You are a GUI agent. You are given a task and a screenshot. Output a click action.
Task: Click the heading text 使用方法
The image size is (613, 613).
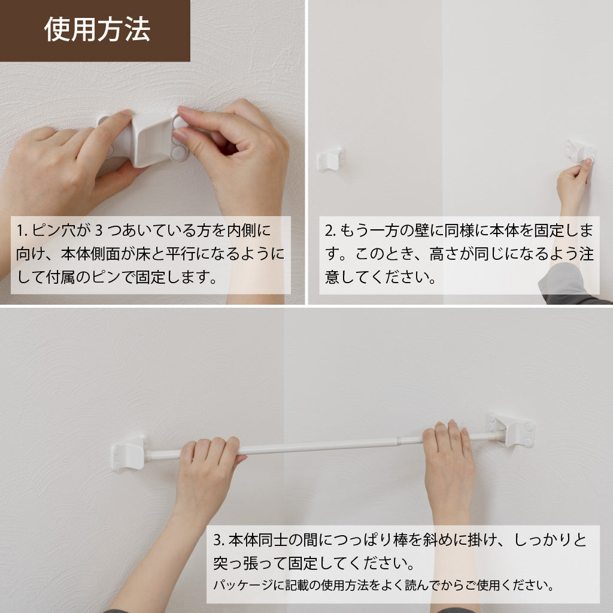97,29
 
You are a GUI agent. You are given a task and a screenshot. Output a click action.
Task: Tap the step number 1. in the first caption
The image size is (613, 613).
22,230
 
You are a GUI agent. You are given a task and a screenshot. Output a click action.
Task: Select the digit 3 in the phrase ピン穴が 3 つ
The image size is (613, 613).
99,230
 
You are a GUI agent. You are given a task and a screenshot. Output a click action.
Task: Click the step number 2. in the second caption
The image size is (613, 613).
330,230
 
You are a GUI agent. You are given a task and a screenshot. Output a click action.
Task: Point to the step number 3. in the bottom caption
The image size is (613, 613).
219,540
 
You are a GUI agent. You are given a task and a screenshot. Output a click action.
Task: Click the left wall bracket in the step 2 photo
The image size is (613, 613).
330,159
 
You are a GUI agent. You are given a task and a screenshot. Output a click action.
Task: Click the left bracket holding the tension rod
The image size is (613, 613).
129,452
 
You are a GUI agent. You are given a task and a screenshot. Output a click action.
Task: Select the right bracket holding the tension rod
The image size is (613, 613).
511,430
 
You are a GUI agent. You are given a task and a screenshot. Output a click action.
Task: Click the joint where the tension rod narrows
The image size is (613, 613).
398,441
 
